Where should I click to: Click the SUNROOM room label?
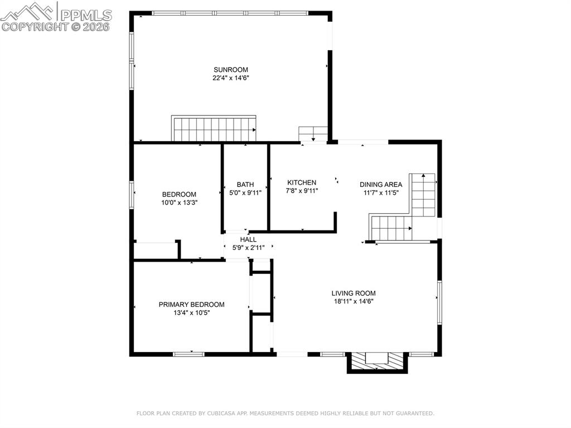click(x=230, y=70)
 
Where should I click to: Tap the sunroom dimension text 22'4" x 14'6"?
click(x=230, y=78)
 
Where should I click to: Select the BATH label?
click(x=245, y=185)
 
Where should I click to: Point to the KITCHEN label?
click(x=302, y=182)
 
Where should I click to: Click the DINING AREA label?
click(x=381, y=185)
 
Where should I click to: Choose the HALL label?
click(x=248, y=239)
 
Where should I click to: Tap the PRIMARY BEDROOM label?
click(x=192, y=305)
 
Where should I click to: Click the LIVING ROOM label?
click(x=353, y=293)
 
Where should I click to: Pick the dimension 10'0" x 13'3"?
click(x=179, y=203)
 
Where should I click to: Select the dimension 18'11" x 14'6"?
click(x=354, y=301)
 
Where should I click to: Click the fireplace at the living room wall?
click(x=377, y=362)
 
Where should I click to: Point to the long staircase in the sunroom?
click(x=214, y=128)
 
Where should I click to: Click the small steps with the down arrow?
click(x=313, y=133)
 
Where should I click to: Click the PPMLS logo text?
click(x=86, y=15)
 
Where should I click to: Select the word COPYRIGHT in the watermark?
click(x=35, y=27)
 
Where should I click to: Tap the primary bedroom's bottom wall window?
click(x=188, y=354)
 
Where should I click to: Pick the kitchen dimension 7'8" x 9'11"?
click(x=302, y=190)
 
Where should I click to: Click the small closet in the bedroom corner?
click(x=156, y=250)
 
